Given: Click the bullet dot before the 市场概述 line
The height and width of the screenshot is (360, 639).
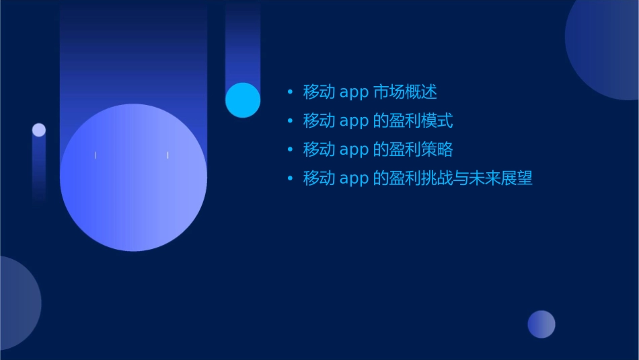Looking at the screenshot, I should click(290, 92).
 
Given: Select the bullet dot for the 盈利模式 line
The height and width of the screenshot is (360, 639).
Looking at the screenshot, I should click(290, 121).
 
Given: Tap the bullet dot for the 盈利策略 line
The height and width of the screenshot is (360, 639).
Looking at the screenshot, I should click(290, 149).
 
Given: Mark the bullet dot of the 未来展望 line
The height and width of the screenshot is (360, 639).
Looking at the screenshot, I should click(290, 178).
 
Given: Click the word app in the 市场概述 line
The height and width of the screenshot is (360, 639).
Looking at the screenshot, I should click(354, 93).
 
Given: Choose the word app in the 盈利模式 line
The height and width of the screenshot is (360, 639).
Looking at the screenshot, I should click(354, 122).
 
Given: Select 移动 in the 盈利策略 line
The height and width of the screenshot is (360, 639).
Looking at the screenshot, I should click(319, 149).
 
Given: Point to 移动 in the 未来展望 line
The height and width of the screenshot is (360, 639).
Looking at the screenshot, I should click(319, 178).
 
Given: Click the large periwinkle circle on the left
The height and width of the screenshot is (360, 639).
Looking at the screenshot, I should click(133, 178).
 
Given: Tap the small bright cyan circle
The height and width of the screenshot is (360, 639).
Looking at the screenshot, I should click(243, 100).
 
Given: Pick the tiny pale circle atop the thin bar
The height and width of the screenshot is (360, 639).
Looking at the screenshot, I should click(39, 130).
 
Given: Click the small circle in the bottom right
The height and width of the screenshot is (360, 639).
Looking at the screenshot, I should click(541, 324).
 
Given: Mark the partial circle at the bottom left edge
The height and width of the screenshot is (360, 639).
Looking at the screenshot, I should click(17, 303).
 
